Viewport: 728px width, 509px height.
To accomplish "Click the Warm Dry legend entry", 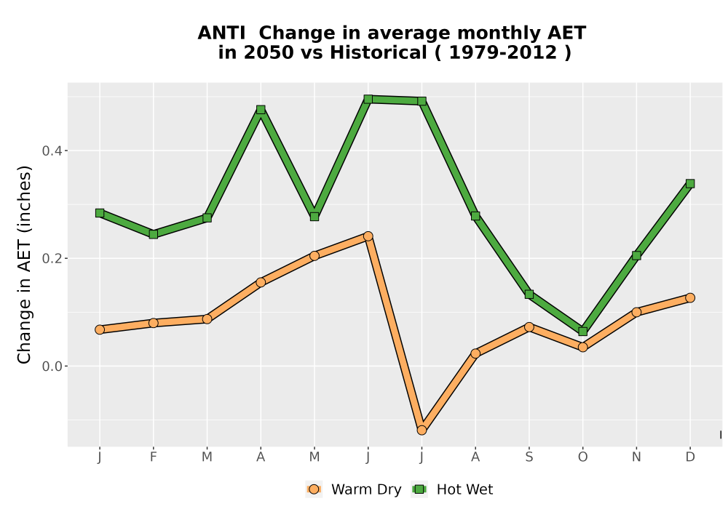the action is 353,489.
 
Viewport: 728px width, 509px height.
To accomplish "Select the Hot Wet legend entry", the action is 452,489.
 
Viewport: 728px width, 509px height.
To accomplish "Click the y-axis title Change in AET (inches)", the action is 24,264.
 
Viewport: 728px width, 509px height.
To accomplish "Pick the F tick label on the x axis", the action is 153,457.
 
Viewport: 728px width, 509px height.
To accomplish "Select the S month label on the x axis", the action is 529,457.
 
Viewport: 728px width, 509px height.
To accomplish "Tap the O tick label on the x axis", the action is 582,457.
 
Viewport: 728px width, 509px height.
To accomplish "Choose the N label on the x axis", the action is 636,457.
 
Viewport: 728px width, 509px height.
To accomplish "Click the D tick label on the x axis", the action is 690,457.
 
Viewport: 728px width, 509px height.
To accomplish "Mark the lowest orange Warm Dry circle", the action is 422,430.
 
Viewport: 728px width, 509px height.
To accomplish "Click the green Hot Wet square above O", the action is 582,332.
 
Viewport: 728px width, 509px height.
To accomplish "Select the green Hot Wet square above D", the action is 690,183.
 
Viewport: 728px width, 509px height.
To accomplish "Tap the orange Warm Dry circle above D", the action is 690,297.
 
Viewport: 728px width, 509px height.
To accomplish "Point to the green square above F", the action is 153,235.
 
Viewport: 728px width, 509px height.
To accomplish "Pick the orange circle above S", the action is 529,326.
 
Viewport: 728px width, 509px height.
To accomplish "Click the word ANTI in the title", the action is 221,33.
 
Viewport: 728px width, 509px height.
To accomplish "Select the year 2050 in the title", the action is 269,53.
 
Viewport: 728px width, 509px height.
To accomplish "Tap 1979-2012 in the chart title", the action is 503,53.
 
